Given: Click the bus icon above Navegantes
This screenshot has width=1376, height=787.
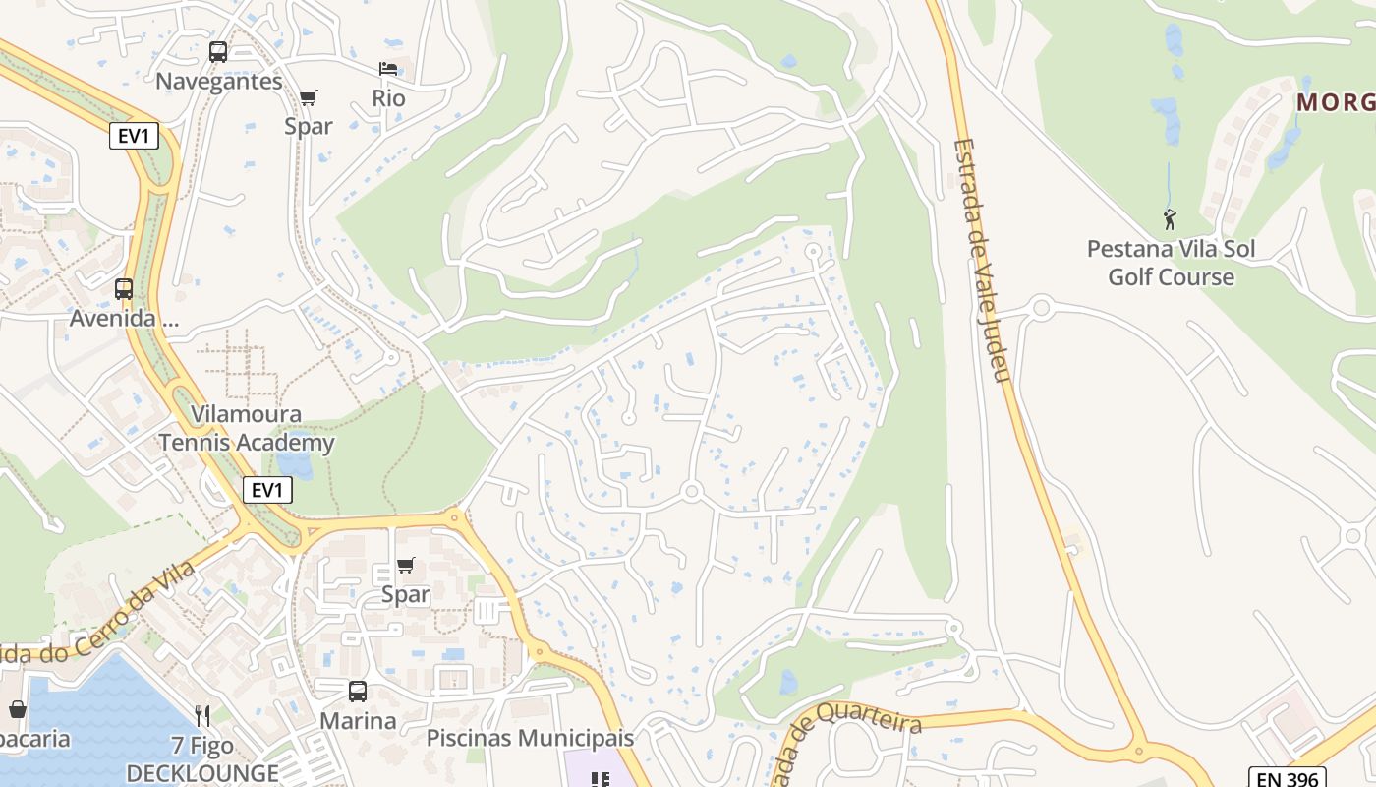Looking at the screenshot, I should (x=218, y=52).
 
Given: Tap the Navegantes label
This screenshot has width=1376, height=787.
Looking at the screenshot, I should (x=219, y=81).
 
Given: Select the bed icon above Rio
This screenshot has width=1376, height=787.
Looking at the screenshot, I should (x=388, y=69).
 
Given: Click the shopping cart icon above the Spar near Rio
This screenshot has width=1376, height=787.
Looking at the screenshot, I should (x=309, y=97).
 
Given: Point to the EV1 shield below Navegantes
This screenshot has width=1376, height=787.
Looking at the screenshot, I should (x=134, y=136).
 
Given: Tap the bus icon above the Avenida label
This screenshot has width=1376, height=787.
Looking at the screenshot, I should (x=124, y=289).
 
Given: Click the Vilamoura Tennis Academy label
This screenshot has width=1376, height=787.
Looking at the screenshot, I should (x=247, y=428).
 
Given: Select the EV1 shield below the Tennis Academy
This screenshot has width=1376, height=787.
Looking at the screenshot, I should (x=267, y=489).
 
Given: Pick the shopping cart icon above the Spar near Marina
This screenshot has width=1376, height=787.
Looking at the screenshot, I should (x=405, y=566).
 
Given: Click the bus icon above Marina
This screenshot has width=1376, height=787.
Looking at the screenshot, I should (x=358, y=692).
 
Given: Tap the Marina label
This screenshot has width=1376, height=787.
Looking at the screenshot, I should (x=358, y=720).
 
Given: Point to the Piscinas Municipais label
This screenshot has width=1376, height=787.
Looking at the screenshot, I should (x=530, y=737).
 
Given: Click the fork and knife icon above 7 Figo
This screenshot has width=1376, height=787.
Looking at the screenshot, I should (x=202, y=715).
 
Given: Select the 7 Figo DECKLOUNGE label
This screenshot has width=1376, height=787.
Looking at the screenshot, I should (x=202, y=759).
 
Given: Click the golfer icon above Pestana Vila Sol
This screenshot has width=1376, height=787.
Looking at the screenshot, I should (x=1170, y=218).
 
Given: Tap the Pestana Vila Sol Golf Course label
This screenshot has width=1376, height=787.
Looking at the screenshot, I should (x=1171, y=263).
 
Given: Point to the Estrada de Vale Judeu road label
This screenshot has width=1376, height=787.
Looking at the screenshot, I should (x=982, y=262).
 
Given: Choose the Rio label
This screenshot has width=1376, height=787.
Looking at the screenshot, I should (x=388, y=98).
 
